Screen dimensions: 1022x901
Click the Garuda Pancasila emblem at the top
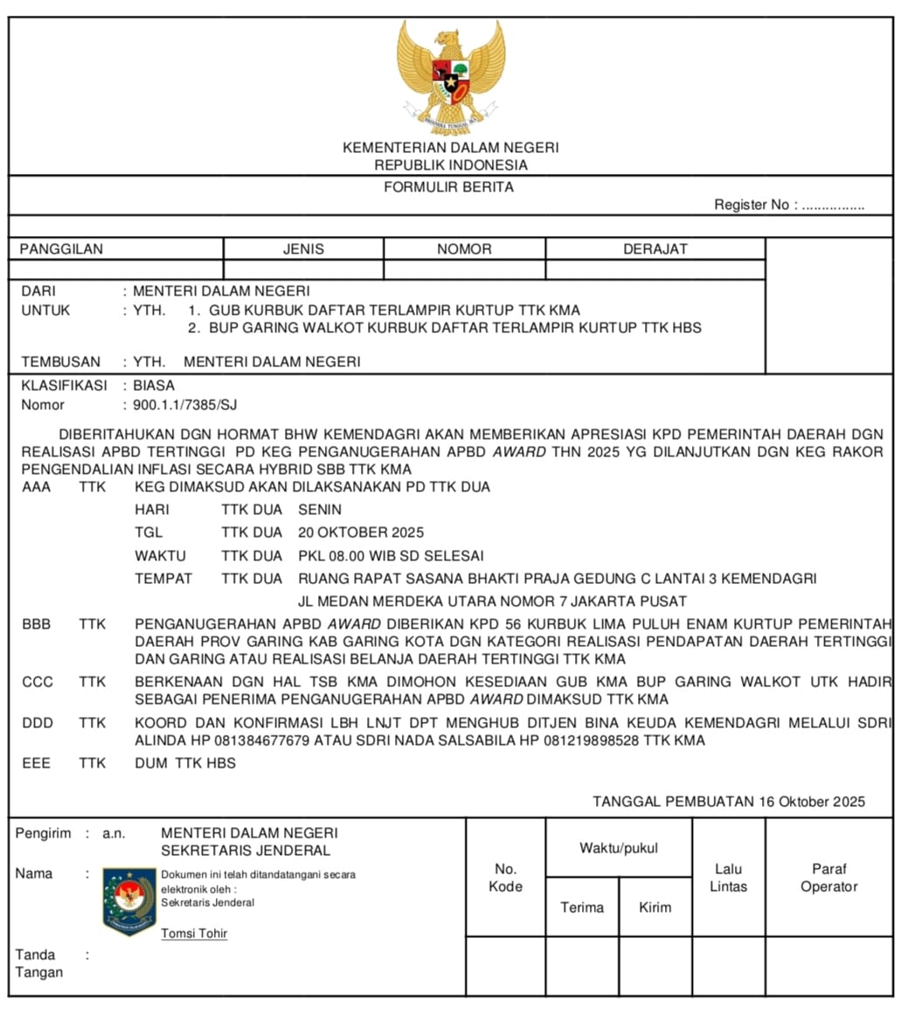pyautogui.click(x=450, y=77)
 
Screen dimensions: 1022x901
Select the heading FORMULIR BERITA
pyautogui.click(x=449, y=187)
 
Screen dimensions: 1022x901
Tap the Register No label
pyautogui.click(x=752, y=205)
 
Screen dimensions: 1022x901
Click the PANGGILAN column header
pyautogui.click(x=61, y=249)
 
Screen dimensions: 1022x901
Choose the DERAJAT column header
pyautogui.click(x=655, y=249)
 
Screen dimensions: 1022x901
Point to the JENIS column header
pyautogui.click(x=303, y=249)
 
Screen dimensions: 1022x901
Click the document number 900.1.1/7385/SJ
pyautogui.click(x=185, y=405)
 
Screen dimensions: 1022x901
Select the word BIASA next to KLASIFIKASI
pyautogui.click(x=154, y=386)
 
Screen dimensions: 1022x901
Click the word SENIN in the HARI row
pyautogui.click(x=320, y=510)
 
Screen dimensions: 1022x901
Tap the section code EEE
pyautogui.click(x=36, y=763)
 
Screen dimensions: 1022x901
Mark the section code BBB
pyautogui.click(x=36, y=624)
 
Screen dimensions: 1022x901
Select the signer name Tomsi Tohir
pyautogui.click(x=194, y=934)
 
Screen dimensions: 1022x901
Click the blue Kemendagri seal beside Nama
pyautogui.click(x=128, y=901)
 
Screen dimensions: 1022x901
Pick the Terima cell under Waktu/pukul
pyautogui.click(x=582, y=907)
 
